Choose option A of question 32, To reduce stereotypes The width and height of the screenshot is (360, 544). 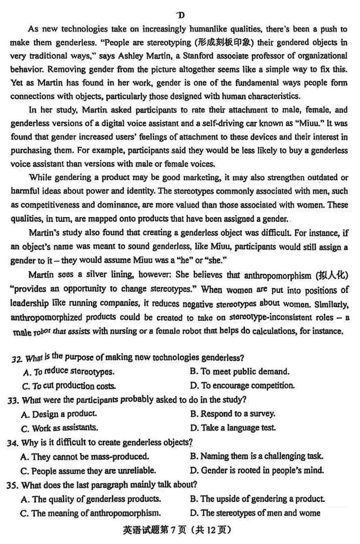(x=68, y=372)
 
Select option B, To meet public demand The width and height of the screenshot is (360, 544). (x=239, y=372)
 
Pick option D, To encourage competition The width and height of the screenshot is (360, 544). (x=243, y=386)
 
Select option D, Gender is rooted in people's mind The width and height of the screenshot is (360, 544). (x=257, y=470)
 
